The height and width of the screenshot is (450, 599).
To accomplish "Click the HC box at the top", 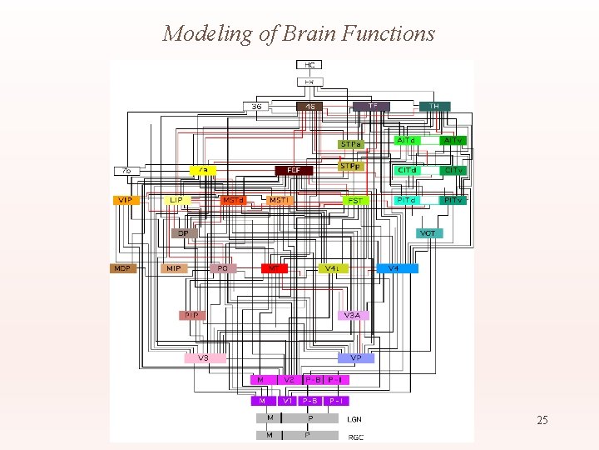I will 309,64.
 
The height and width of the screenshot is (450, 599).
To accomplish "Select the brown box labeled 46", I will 310,107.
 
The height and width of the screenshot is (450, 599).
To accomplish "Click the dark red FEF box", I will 294,170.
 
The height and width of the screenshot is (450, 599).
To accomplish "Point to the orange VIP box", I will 125,200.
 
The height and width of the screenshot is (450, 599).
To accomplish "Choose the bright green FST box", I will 355,201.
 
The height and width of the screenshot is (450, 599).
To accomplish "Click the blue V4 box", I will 394,268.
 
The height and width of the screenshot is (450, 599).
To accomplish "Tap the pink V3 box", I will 204,358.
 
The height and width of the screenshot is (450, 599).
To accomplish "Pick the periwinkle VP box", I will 356,358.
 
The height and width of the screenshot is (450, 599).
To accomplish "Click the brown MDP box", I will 123,268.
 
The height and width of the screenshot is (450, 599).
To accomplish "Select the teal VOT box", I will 428,233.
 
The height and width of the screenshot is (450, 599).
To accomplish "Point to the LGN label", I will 354,419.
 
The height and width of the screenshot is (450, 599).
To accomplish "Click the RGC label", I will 355,436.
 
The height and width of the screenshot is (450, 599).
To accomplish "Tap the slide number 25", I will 542,421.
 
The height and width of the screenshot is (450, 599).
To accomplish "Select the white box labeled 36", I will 256,107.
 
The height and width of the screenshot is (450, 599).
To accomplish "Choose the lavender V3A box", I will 353,315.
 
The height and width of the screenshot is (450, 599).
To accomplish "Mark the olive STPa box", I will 351,144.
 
